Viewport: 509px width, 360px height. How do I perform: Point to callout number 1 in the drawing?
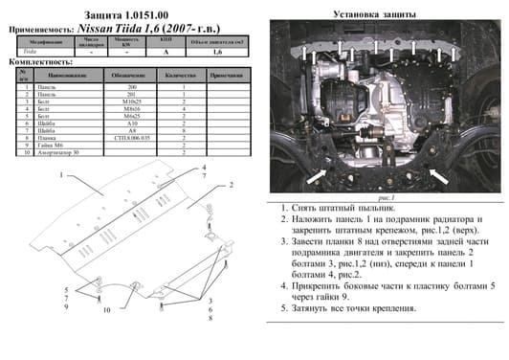point(61,176)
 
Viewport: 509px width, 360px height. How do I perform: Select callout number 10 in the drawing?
point(107,310)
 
